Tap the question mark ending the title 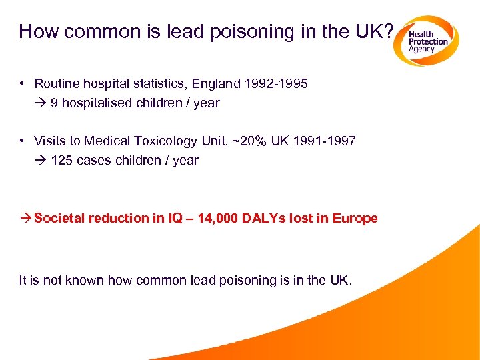[x=389, y=32]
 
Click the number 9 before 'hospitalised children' [x=54, y=103]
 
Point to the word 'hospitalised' [x=91, y=103]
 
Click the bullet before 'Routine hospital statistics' [x=23, y=83]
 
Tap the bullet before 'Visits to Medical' [x=23, y=141]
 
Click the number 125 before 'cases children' [x=62, y=161]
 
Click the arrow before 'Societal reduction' [x=25, y=219]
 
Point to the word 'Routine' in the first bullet [x=56, y=84]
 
